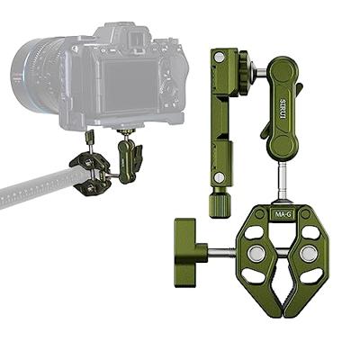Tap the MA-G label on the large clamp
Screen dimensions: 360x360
(282, 214)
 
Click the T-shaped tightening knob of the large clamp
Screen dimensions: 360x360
(191, 240)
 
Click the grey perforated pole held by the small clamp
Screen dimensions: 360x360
(36, 189)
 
